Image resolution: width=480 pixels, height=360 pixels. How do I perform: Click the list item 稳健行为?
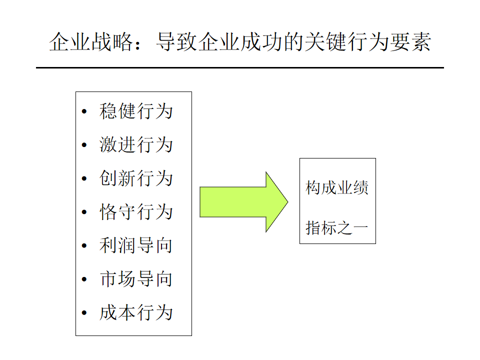[136, 111]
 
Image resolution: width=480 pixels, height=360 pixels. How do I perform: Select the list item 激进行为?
[136, 144]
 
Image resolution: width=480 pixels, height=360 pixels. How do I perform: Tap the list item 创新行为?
[136, 178]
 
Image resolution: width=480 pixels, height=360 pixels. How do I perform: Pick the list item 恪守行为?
[136, 212]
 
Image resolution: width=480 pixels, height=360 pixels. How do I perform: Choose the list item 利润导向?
[136, 245]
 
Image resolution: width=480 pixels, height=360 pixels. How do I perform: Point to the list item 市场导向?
[136, 279]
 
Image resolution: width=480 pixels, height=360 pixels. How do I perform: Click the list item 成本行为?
[136, 313]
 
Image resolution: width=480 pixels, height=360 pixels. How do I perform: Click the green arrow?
[243, 202]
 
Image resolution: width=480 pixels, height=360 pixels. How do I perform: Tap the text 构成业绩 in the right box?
[336, 187]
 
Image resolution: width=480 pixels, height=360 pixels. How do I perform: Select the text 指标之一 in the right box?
[336, 228]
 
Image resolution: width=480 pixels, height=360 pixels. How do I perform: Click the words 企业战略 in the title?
[91, 42]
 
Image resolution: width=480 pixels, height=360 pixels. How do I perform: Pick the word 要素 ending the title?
[410, 42]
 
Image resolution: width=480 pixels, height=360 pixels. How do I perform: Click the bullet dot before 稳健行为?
[84, 111]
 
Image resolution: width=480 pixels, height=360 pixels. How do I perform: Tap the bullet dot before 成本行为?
[84, 313]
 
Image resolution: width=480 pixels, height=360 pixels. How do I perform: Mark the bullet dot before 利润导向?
[84, 246]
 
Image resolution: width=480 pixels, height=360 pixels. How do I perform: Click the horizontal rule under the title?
[240, 67]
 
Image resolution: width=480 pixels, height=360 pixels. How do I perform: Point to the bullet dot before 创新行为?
[84, 178]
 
